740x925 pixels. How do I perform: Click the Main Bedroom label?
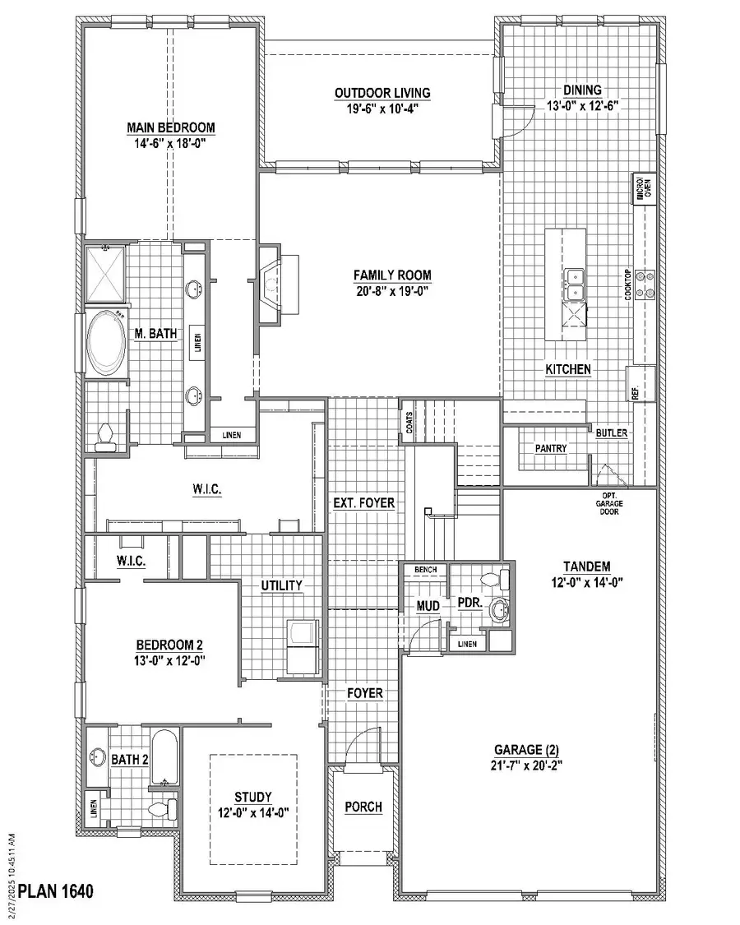click(170, 127)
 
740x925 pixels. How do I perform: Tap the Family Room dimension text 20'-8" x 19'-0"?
click(392, 290)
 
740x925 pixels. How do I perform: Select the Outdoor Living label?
click(382, 93)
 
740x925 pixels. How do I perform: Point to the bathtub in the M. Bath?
click(107, 341)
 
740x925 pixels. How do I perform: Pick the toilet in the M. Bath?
click(105, 437)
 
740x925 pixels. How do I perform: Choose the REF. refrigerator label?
click(636, 392)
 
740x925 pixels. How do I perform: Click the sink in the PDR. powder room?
click(497, 610)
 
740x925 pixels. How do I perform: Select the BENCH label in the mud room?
click(425, 569)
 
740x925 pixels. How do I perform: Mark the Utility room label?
click(282, 585)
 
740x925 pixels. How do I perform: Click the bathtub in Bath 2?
click(164, 759)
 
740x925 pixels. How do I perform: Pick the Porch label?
click(363, 807)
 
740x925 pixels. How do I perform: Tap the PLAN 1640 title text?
click(57, 890)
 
